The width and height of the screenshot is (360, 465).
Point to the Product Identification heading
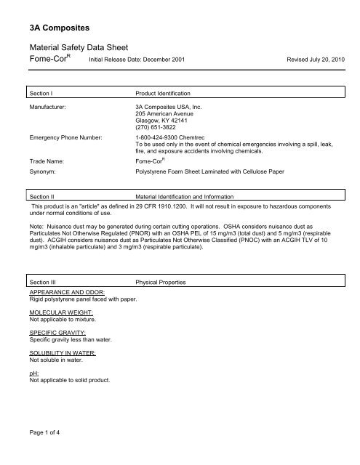(x=164, y=94)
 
